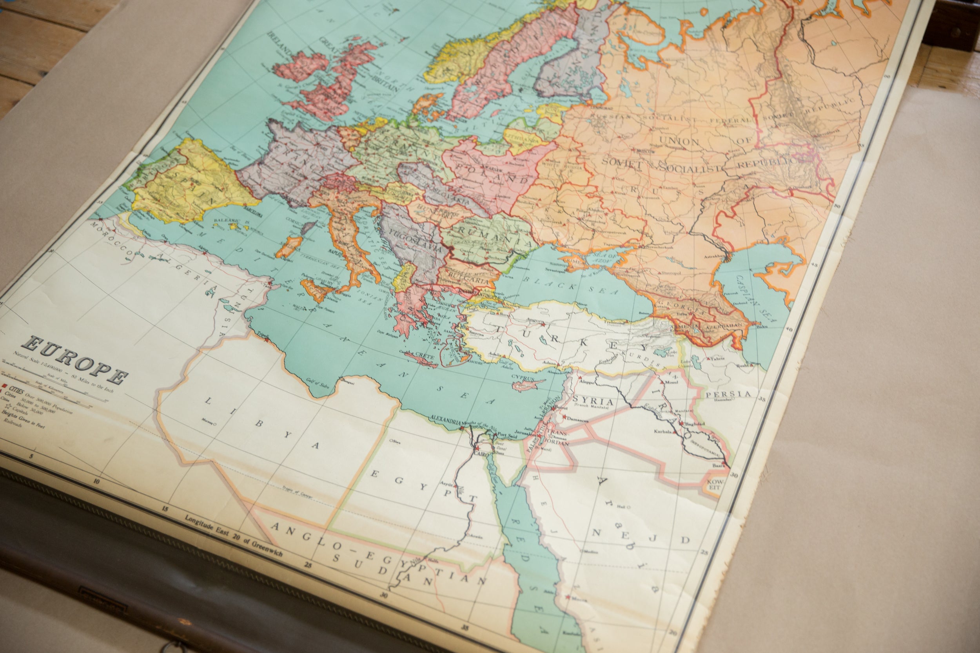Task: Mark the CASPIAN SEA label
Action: [752, 299]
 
